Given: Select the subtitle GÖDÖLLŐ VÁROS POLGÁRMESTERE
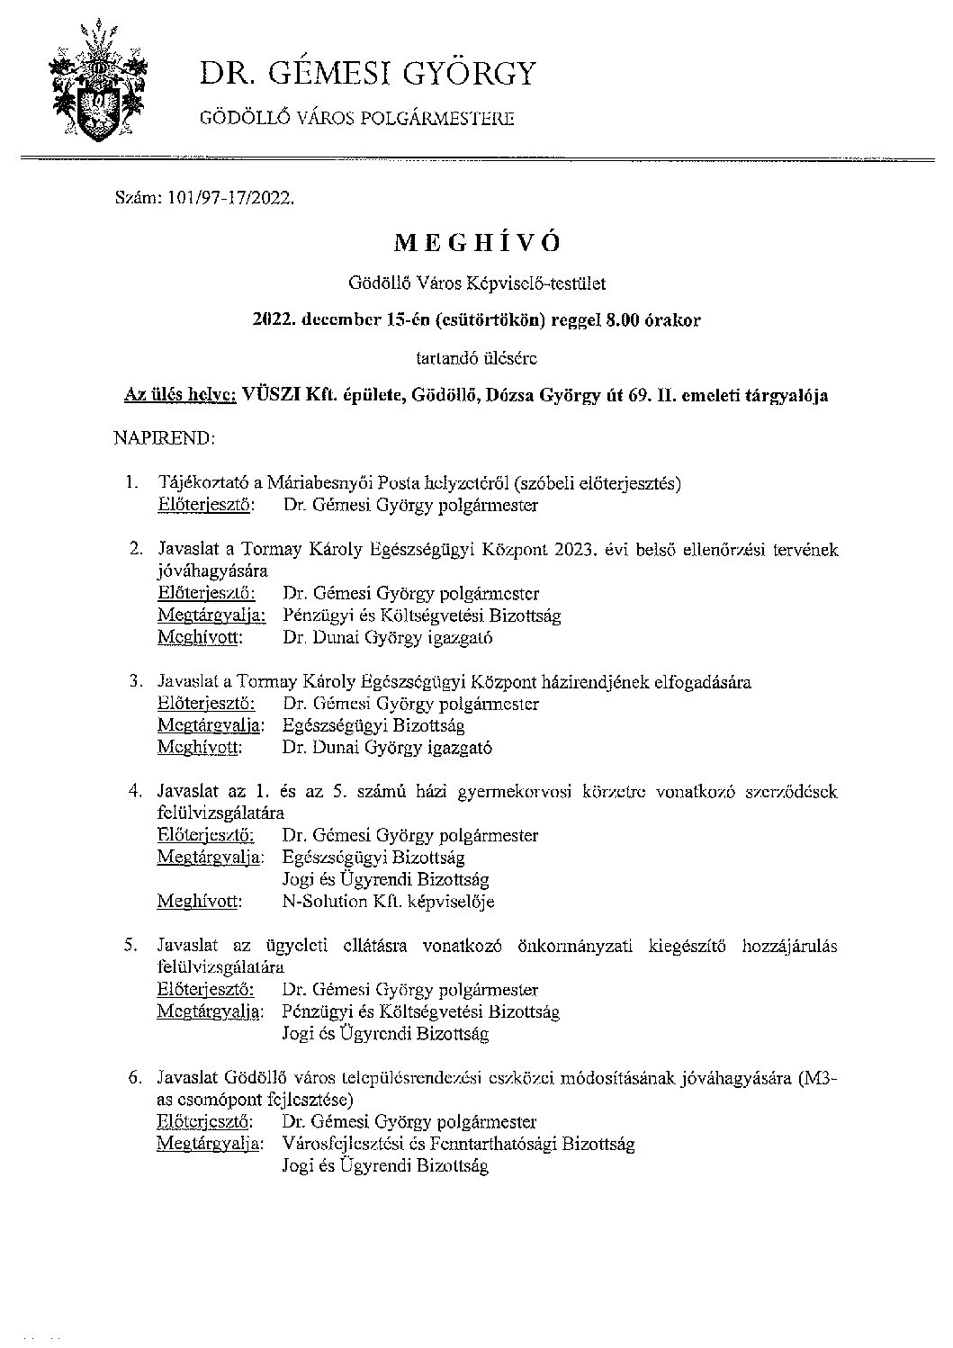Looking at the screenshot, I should pos(357,118).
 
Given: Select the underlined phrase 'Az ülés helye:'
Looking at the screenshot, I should pos(180,395).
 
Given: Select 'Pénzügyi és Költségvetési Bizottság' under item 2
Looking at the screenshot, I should pos(421,616).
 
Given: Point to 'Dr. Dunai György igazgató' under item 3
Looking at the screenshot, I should pos(387,747).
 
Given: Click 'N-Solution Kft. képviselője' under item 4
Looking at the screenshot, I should pos(388,901).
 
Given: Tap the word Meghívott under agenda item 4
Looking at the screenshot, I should pos(198,901).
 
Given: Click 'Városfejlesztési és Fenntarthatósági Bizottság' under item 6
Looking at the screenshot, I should pos(458,1144).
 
